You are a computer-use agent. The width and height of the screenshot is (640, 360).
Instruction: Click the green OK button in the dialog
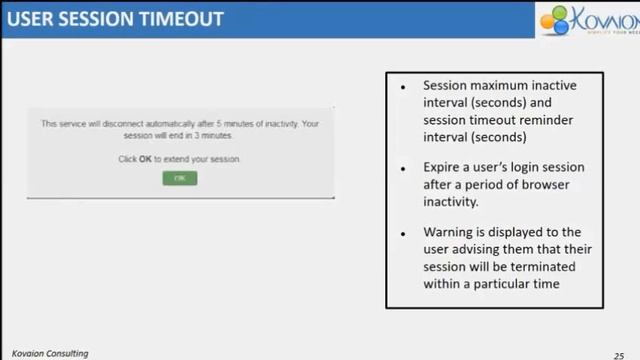180,178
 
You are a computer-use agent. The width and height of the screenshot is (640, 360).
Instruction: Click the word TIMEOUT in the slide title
179,19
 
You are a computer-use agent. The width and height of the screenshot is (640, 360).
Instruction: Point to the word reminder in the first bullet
544,119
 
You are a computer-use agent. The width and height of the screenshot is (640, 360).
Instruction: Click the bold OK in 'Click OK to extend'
145,158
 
